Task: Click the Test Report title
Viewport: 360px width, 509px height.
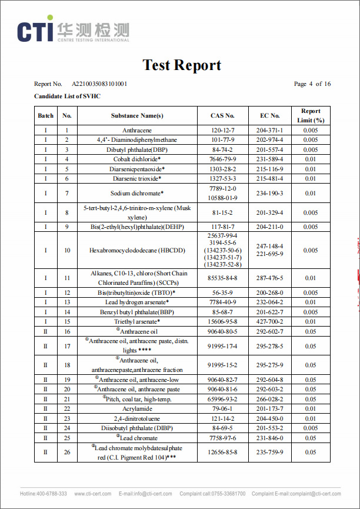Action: pyautogui.click(x=182, y=65)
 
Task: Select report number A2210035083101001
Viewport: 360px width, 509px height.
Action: pyautogui.click(x=99, y=84)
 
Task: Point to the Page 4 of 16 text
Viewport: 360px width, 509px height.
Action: pyautogui.click(x=312, y=84)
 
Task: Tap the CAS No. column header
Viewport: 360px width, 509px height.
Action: pyautogui.click(x=222, y=116)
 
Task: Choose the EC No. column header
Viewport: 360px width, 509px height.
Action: pyautogui.click(x=269, y=116)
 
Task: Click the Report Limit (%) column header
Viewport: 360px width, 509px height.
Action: pyautogui.click(x=311, y=115)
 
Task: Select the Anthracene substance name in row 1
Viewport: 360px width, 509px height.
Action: pyautogui.click(x=136, y=130)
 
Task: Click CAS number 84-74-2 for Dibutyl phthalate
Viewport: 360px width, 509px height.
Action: pyautogui.click(x=222, y=149)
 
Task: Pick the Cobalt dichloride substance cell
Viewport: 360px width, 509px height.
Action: pyautogui.click(x=136, y=159)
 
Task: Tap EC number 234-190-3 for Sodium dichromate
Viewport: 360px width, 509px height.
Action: pyautogui.click(x=269, y=193)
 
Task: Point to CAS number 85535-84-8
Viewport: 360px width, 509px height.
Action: pyautogui.click(x=222, y=278)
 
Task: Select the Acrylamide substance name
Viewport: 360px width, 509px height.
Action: pyautogui.click(x=136, y=408)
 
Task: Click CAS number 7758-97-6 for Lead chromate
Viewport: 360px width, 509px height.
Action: pyautogui.click(x=222, y=438)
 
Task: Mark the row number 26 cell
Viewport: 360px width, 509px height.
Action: pyautogui.click(x=67, y=452)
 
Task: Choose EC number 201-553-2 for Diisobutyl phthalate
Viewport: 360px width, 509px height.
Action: pyautogui.click(x=269, y=428)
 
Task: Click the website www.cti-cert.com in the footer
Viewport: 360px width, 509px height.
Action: pyautogui.click(x=94, y=494)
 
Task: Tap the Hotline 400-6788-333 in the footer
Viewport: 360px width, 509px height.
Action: pyautogui.click(x=44, y=494)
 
